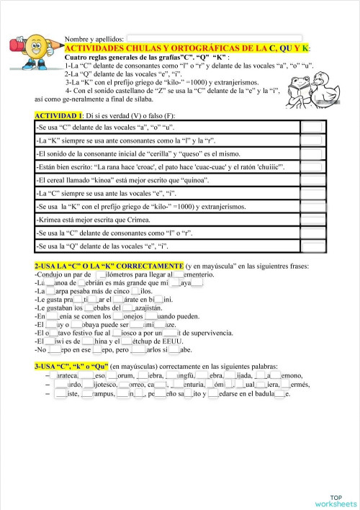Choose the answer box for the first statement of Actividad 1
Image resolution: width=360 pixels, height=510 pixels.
[312, 127]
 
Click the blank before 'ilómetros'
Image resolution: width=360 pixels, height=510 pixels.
[102, 274]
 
